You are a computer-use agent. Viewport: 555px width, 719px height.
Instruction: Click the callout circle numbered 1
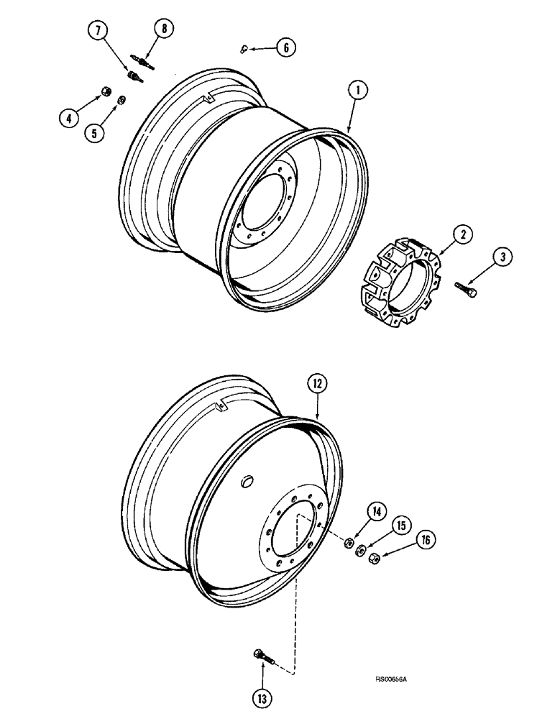tap(357, 91)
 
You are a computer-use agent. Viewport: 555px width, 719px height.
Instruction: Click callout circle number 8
tap(285, 48)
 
